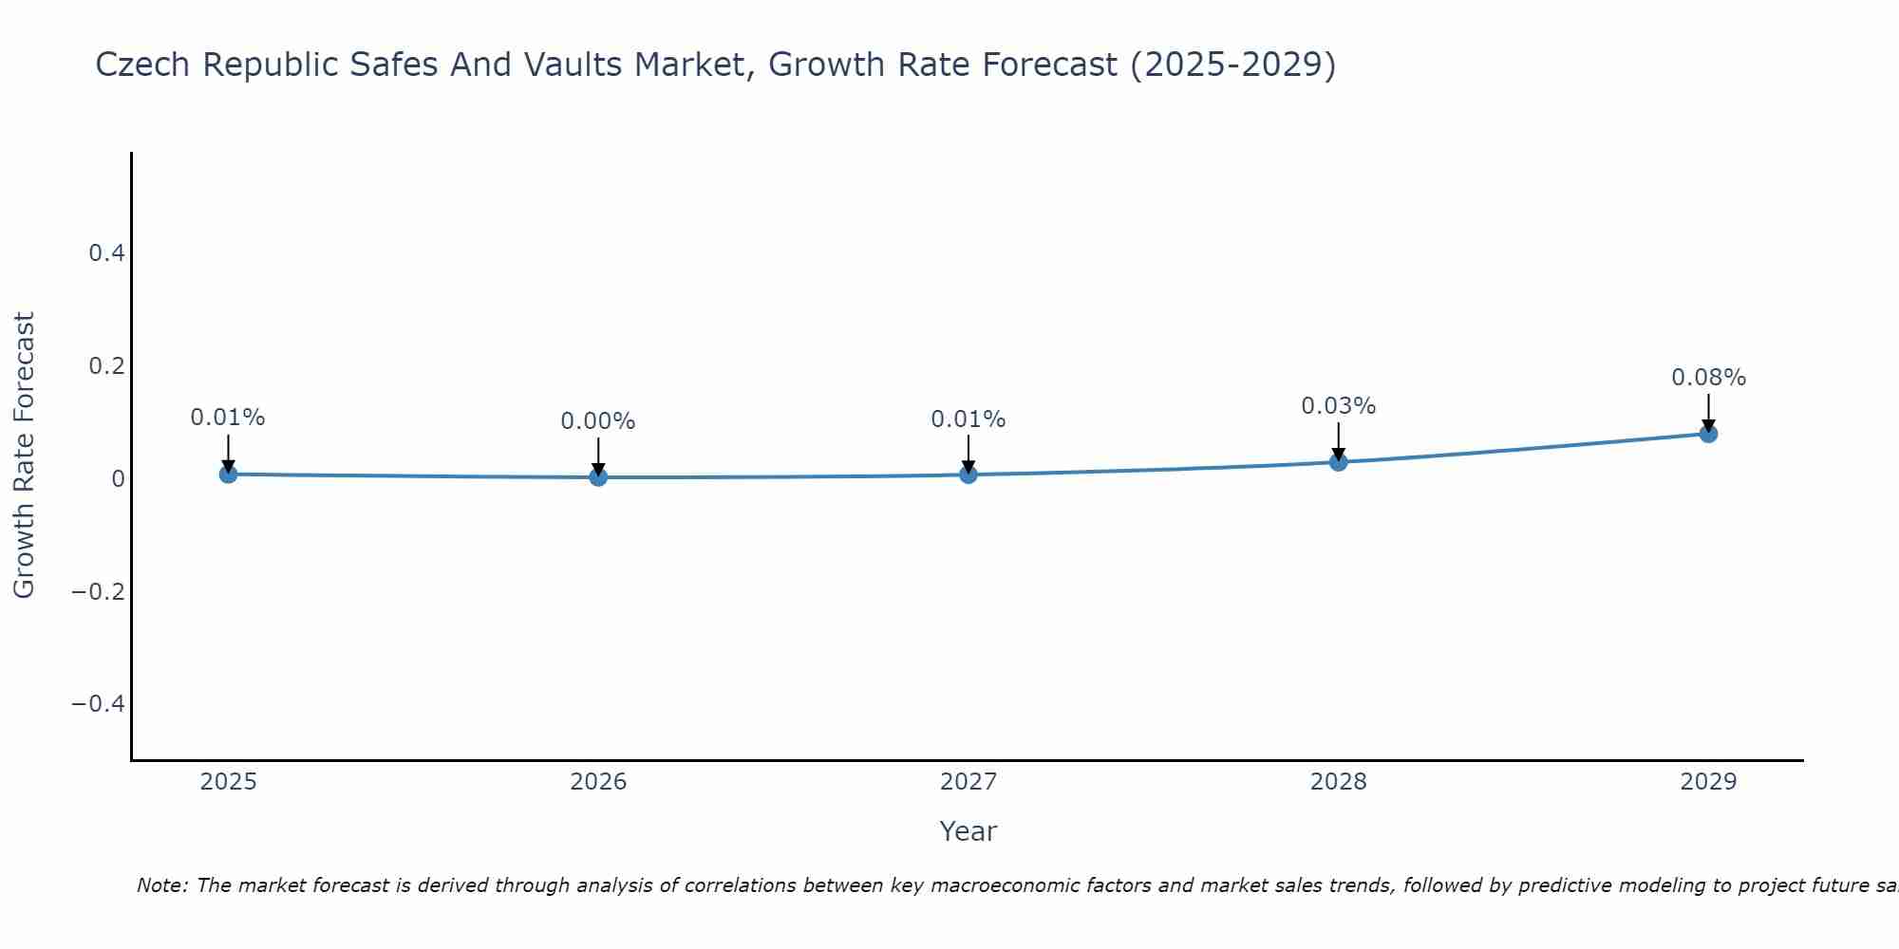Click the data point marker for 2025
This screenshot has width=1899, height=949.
tap(228, 474)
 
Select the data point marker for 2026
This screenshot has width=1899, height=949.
tap(598, 476)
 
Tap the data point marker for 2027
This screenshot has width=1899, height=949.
tap(968, 474)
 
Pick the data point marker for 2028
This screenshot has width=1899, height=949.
tap(1338, 462)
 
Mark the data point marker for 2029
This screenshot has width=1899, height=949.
tap(1708, 434)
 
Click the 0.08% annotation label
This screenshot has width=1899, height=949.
tap(1708, 378)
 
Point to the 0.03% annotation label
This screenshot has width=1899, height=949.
tap(1338, 406)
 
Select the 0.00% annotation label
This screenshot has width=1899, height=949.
tap(598, 421)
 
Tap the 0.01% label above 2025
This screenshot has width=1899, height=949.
tap(228, 418)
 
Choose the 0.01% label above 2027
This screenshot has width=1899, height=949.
tap(968, 419)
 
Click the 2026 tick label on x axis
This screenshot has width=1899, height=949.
tap(598, 782)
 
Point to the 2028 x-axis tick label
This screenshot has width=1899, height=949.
tap(1338, 782)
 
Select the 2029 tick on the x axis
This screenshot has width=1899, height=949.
tap(1708, 782)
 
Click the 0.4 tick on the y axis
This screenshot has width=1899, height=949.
tap(106, 253)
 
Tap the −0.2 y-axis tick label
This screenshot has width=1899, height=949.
tap(98, 591)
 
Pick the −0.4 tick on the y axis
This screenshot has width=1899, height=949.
tap(98, 704)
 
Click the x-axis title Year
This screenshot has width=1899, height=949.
tap(968, 831)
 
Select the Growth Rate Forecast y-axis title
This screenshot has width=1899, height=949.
tap(24, 456)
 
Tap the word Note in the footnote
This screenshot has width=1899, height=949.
tap(160, 885)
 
